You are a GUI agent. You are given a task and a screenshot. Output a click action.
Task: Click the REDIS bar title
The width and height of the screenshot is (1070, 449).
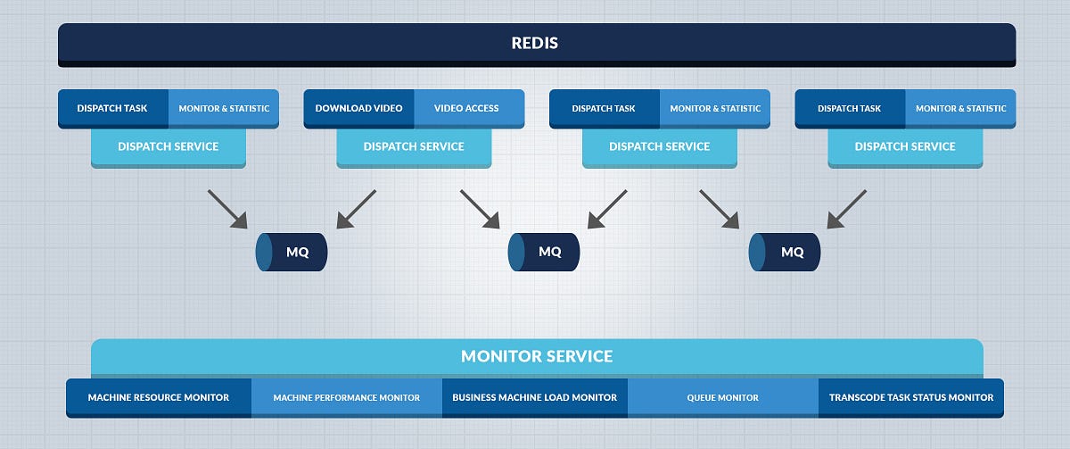(x=536, y=43)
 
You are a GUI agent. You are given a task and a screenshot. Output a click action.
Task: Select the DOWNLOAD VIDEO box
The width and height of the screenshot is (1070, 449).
(x=358, y=108)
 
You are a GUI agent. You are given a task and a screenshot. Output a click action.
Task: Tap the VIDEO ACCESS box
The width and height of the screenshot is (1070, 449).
(x=466, y=108)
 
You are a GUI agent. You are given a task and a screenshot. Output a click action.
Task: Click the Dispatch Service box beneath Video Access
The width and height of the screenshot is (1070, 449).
(x=414, y=146)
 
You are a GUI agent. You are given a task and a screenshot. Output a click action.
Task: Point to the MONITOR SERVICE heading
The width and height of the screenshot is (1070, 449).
(x=537, y=356)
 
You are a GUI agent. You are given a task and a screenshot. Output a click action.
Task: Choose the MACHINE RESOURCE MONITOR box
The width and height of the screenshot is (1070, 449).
(x=159, y=397)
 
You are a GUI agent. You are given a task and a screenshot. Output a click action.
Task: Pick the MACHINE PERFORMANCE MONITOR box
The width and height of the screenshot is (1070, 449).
(x=346, y=397)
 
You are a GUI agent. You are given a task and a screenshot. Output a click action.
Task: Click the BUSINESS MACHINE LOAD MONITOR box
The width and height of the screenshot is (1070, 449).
(x=534, y=397)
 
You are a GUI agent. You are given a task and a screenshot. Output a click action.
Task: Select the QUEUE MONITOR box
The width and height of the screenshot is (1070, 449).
(x=722, y=397)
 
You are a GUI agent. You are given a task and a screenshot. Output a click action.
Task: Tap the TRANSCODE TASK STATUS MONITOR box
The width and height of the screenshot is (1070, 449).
(x=910, y=397)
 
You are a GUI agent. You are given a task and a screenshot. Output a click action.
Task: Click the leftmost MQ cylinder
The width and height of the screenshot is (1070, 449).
(x=292, y=252)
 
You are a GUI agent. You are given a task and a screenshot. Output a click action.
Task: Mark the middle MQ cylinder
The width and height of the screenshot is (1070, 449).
(x=544, y=252)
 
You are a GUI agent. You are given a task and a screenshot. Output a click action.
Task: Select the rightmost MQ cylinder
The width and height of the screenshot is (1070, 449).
(x=785, y=252)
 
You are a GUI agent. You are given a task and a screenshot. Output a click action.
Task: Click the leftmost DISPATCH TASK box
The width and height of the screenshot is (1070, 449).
(x=112, y=108)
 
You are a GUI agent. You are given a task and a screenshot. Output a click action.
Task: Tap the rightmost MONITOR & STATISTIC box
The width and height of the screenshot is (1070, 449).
(x=960, y=108)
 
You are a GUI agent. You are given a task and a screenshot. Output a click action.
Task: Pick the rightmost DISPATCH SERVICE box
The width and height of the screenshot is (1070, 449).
(x=905, y=146)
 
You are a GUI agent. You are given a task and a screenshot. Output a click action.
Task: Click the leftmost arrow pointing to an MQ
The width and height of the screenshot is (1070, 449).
(x=226, y=209)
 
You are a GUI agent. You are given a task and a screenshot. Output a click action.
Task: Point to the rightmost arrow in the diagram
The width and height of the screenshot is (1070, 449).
(x=846, y=209)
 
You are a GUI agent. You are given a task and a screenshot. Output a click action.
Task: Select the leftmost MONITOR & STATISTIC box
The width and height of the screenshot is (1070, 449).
(x=224, y=108)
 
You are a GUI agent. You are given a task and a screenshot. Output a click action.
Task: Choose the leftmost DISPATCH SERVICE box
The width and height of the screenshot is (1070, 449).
(x=168, y=146)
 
